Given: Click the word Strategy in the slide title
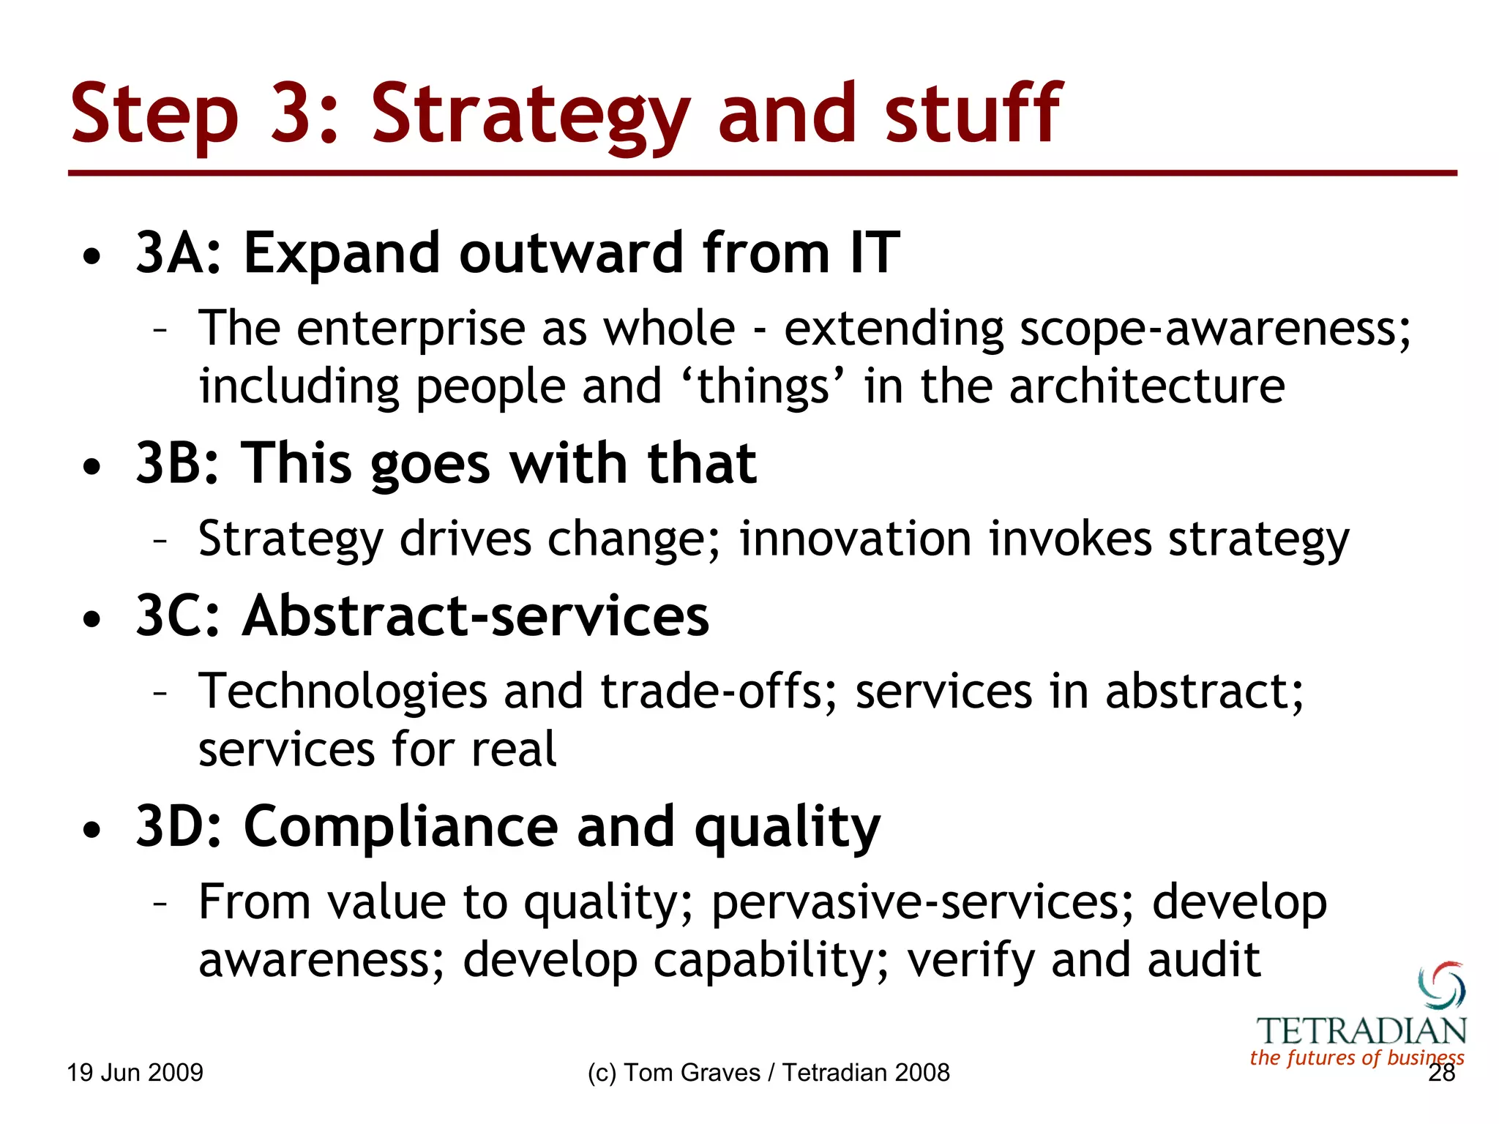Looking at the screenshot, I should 530,116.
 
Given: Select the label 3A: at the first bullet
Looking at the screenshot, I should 179,253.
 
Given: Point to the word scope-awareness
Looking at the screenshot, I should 1214,329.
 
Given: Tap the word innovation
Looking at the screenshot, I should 855,539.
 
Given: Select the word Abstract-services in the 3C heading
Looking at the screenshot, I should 476,615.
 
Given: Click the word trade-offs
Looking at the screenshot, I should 719,692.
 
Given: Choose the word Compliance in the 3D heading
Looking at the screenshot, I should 400,827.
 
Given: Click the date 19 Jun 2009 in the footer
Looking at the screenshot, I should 135,1073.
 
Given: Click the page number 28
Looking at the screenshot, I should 1441,1074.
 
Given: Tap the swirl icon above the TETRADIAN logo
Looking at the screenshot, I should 1441,985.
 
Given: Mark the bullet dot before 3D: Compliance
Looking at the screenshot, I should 91,831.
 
